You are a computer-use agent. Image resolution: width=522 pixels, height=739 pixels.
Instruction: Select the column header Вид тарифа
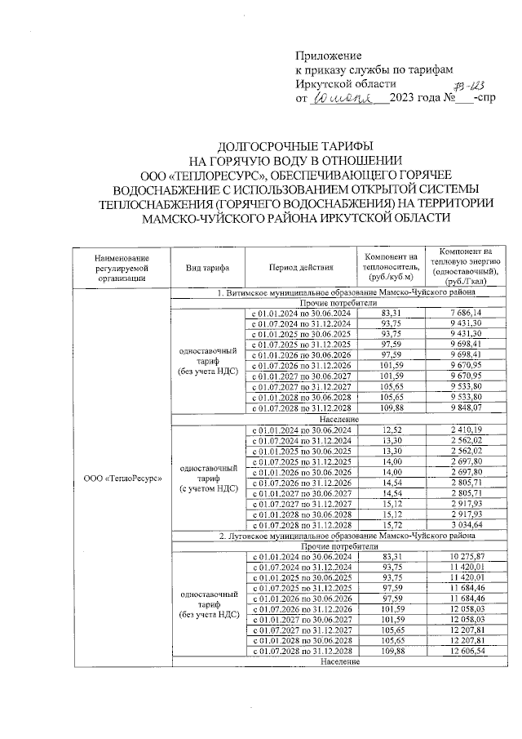[x=207, y=267]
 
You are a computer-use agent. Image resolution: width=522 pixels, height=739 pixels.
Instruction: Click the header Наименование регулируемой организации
[x=121, y=267]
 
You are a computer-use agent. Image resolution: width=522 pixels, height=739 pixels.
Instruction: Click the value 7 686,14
[x=466, y=313]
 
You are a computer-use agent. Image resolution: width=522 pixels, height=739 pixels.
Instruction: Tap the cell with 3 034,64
[x=466, y=525]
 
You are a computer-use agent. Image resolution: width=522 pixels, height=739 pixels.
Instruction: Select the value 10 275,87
[x=466, y=556]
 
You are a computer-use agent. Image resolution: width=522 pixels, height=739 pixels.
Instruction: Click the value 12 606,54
[x=466, y=652]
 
